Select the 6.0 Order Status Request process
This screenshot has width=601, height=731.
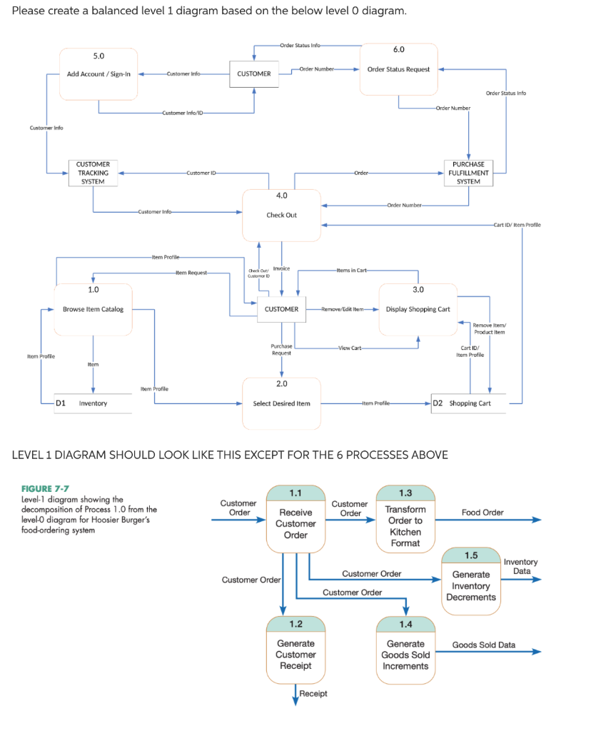pos(398,69)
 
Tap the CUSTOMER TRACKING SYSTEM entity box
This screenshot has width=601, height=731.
pos(93,173)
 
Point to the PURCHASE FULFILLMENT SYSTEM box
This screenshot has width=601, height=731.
pos(468,173)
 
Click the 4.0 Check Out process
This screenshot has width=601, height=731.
pos(281,215)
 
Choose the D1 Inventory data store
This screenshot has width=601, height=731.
pos(93,403)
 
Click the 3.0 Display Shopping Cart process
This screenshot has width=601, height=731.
pos(418,309)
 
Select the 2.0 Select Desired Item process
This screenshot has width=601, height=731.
pos(281,403)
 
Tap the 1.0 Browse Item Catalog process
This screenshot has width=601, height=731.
pos(93,309)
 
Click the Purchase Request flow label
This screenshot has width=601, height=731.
pos(281,349)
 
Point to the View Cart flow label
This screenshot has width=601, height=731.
pos(350,348)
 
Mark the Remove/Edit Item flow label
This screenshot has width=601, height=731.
pos(343,309)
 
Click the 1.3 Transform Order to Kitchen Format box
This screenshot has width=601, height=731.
pos(405,525)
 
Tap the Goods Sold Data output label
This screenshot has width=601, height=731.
pos(483,645)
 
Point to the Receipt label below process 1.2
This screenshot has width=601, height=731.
pos(313,693)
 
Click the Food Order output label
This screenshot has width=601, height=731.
pos(483,512)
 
